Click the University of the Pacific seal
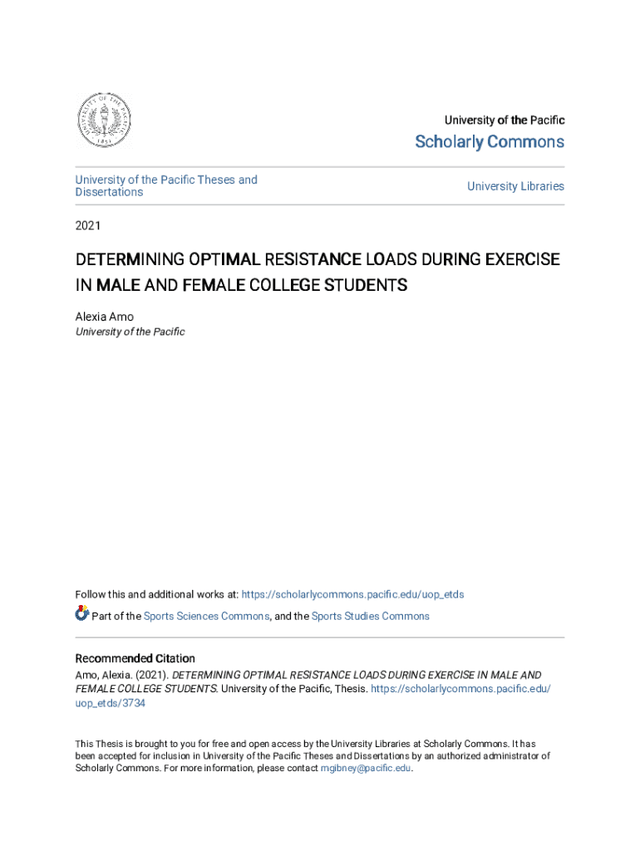click(104, 121)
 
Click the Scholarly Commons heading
click(490, 142)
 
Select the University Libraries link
click(515, 186)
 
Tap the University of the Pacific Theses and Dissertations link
click(166, 185)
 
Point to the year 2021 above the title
click(88, 224)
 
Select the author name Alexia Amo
click(104, 317)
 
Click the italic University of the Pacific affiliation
click(130, 332)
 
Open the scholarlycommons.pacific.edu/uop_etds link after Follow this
click(352, 594)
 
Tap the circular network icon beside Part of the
click(81, 614)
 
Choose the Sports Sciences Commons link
click(206, 616)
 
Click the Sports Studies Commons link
click(370, 616)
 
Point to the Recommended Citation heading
click(135, 658)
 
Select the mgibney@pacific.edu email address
click(366, 769)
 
